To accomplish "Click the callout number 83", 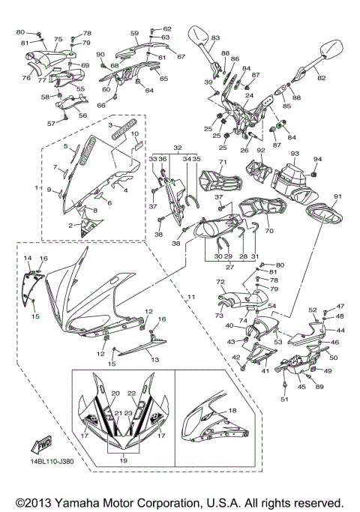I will click(215, 37).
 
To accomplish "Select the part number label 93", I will click(295, 154).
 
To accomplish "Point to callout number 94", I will click(317, 160).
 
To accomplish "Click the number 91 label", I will click(337, 196).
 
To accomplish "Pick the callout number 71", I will click(221, 163).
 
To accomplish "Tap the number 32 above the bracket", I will click(177, 148).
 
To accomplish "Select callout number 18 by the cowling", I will click(232, 411).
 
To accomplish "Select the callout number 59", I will click(135, 33).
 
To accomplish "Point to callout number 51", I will click(285, 399).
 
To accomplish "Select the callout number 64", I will click(149, 91).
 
